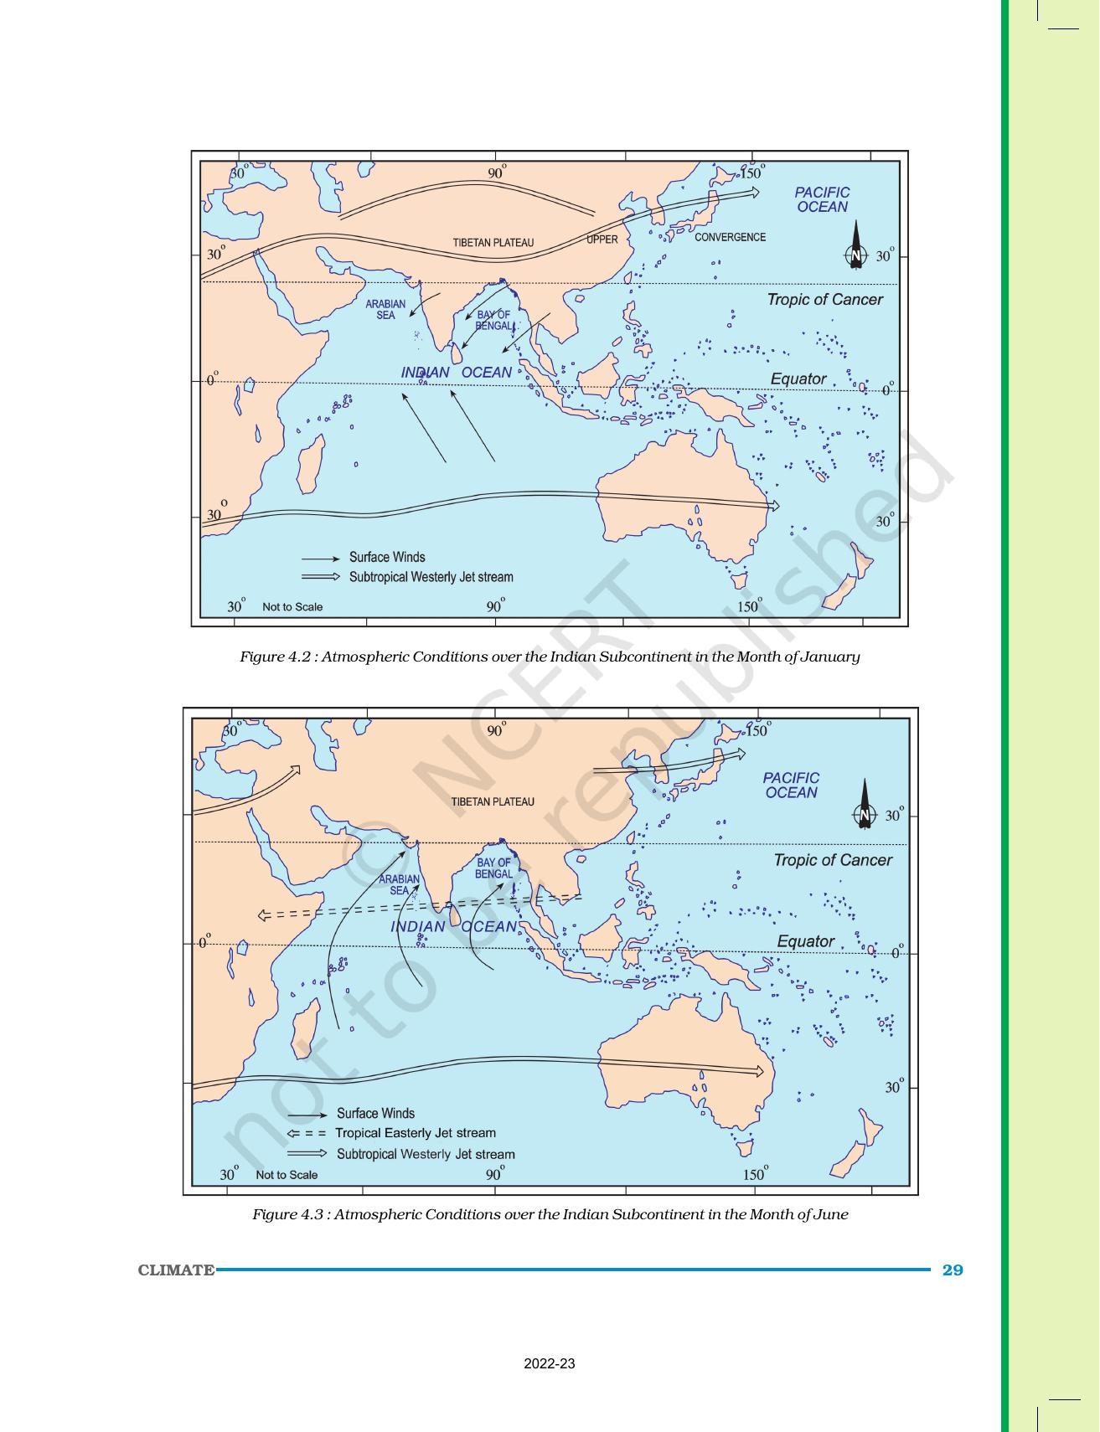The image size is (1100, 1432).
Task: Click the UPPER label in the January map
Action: tap(602, 240)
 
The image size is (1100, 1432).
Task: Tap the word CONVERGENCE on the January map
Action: tap(730, 237)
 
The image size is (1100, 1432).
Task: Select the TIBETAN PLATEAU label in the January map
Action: tap(493, 243)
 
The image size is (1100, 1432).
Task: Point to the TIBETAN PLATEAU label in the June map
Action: tap(493, 801)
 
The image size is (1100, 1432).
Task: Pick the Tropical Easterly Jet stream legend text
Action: tap(416, 1133)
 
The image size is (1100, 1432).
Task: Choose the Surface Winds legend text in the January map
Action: tap(387, 557)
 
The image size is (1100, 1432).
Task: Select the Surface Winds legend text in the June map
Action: tap(375, 1113)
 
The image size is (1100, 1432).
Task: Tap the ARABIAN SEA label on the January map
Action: tap(385, 310)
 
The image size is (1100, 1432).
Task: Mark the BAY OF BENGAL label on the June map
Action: tap(493, 868)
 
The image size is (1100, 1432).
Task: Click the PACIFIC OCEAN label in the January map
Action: tap(822, 199)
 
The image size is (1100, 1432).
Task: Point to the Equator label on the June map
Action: tap(805, 941)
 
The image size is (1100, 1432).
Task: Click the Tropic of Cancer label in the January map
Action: tap(824, 299)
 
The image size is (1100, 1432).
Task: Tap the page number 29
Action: tap(953, 1270)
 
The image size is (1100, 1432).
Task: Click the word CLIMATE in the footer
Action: tap(176, 1270)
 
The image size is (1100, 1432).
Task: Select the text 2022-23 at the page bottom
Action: tap(550, 1364)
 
